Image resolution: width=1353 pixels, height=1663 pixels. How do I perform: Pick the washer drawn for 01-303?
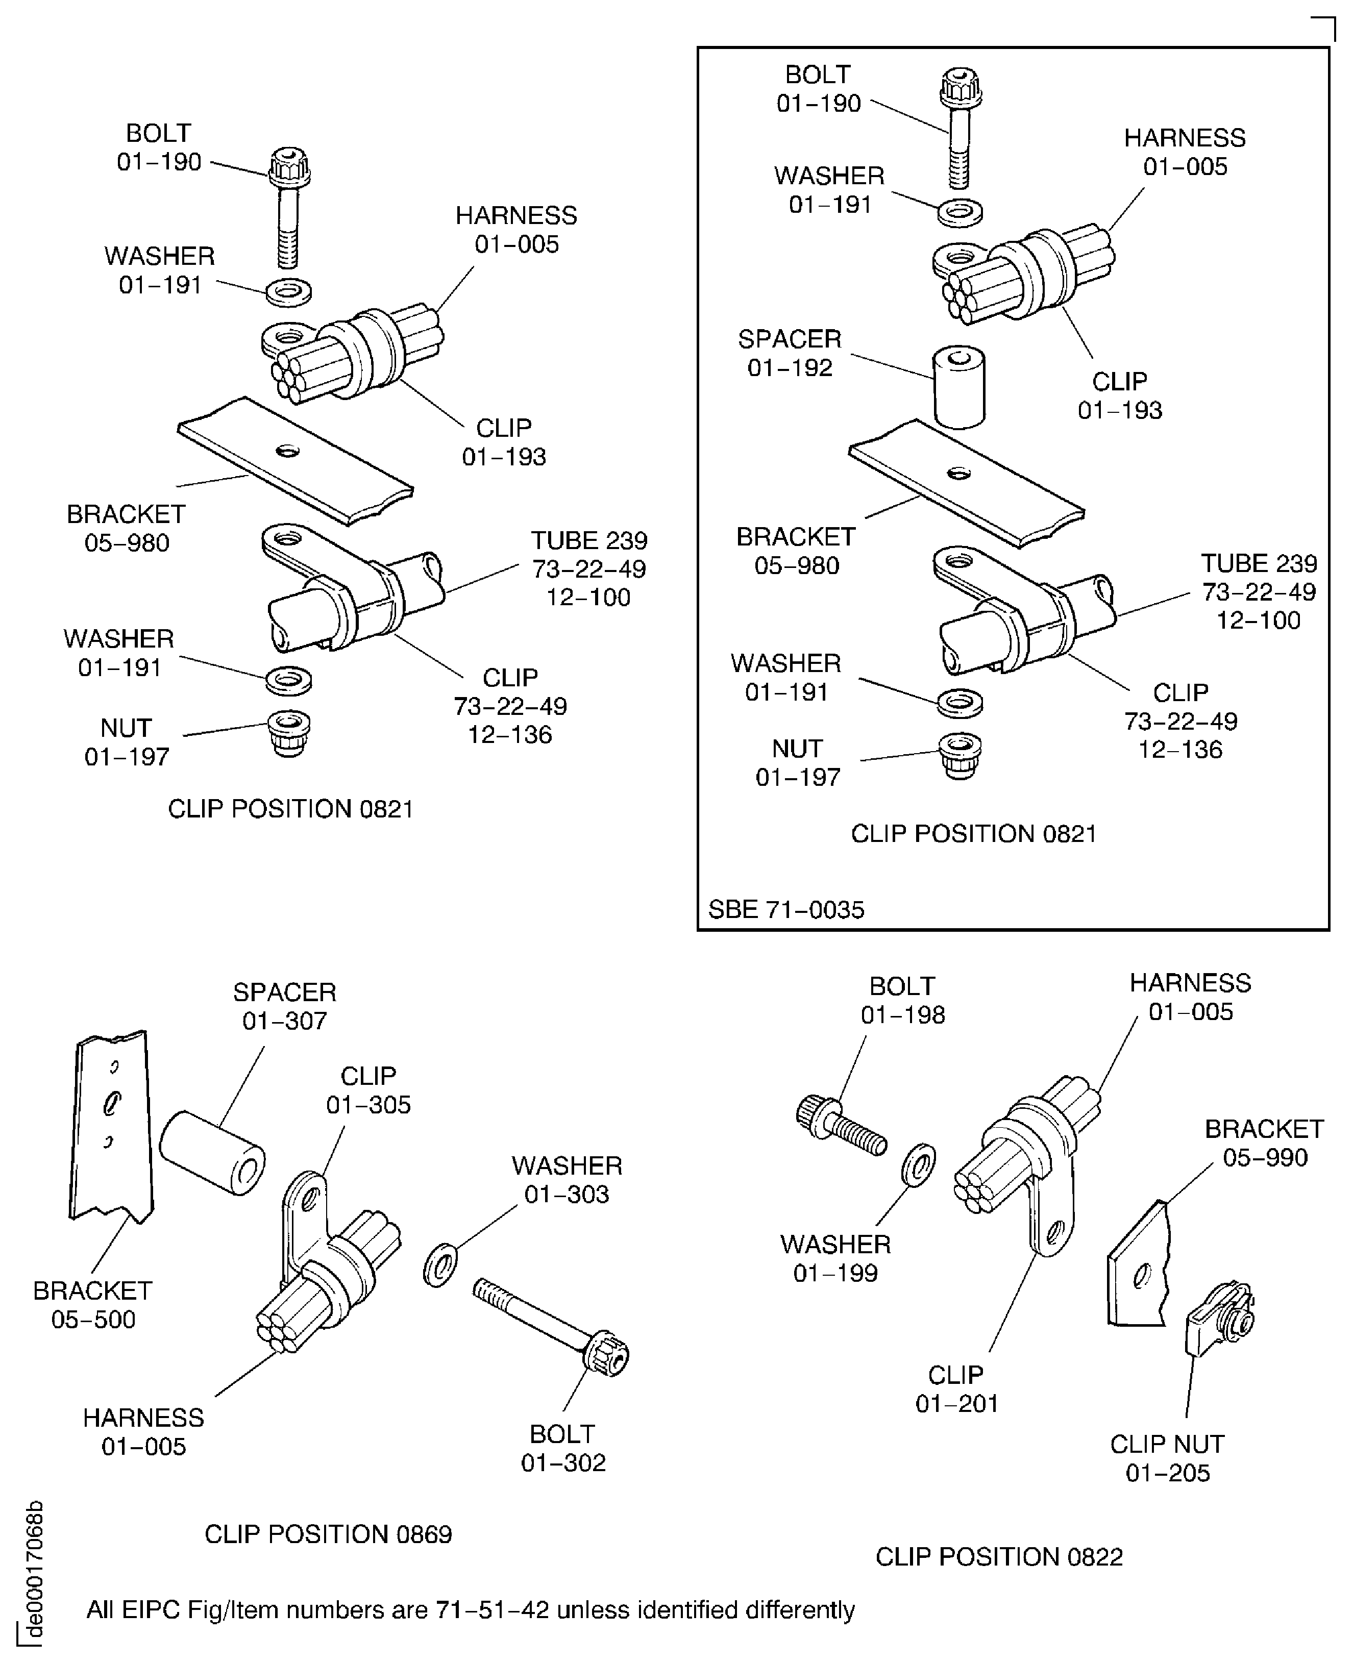coord(440,1265)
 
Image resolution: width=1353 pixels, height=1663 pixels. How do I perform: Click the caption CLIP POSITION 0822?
coord(999,1556)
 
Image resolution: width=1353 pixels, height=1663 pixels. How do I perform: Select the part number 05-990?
coord(1265,1157)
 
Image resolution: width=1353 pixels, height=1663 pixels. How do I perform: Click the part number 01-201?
coord(956,1403)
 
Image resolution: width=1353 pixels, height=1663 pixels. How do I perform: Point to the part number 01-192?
coord(790,368)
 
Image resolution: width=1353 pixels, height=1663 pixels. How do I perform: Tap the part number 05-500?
coord(93,1320)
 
